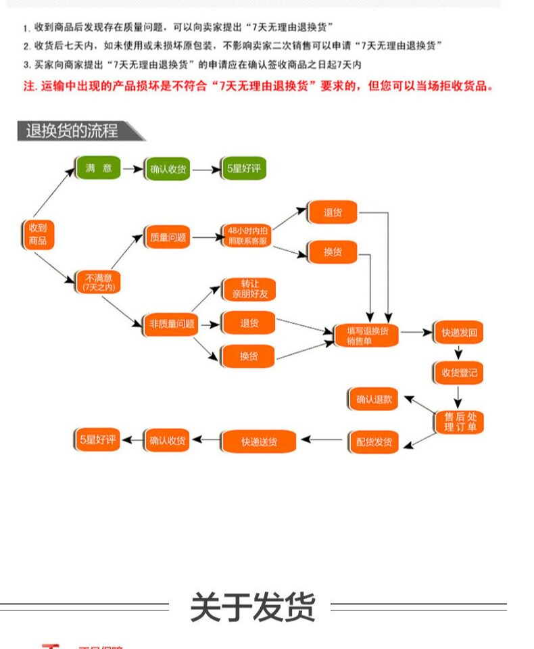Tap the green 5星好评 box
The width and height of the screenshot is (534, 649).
(x=243, y=169)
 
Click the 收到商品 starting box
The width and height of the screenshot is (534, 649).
(x=38, y=234)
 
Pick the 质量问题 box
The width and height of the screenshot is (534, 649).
(x=168, y=237)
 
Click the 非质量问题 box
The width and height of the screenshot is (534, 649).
(x=172, y=324)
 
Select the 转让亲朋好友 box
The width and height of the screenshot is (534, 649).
(x=249, y=289)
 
